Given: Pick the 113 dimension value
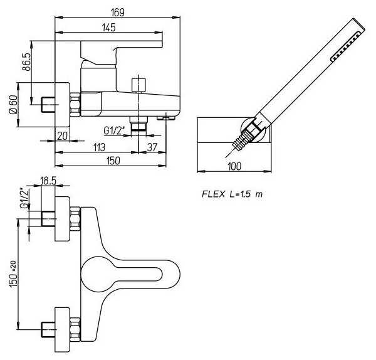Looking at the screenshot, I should (x=98, y=147).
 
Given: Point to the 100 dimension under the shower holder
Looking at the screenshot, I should (x=235, y=167).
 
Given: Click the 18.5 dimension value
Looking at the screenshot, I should (x=48, y=180).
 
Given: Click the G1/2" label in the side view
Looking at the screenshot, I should (x=115, y=131).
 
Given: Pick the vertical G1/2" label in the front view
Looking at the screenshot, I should (x=23, y=198).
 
